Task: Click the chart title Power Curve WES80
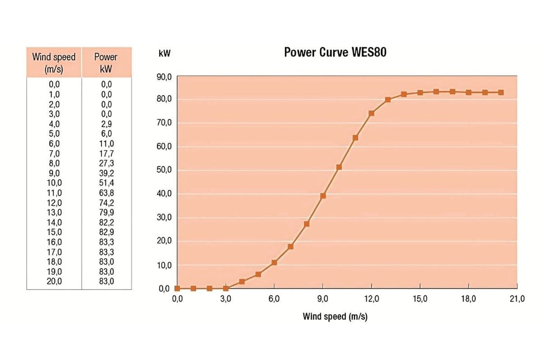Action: coord(335,52)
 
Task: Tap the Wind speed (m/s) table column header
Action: coord(54,62)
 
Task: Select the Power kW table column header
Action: coord(106,62)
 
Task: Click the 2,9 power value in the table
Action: coord(106,124)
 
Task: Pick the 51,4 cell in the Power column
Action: coord(106,183)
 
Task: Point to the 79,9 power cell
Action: coord(106,212)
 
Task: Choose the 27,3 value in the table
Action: coord(106,163)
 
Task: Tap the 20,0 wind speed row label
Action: coord(54,281)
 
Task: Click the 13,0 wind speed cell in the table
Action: coord(54,212)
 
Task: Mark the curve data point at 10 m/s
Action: coord(339,167)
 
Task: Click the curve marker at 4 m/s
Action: coord(242,282)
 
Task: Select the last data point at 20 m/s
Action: coord(501,92)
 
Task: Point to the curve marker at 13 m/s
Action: coord(388,99)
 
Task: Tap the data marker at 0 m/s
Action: coord(177,289)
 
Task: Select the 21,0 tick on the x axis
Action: coord(517,299)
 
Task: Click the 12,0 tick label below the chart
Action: coord(372,299)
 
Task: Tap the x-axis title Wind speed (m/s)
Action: coord(335,316)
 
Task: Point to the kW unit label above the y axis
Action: coord(164,54)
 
